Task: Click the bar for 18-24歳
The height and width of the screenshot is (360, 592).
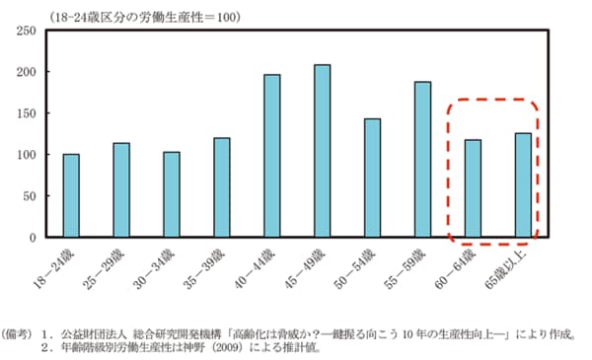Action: (x=71, y=195)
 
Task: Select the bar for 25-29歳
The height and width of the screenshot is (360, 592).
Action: (x=121, y=190)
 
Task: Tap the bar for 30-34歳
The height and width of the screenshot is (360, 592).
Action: (x=172, y=194)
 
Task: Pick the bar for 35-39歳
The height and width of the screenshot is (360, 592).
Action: (x=222, y=187)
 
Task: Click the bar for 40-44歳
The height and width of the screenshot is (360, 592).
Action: (x=272, y=156)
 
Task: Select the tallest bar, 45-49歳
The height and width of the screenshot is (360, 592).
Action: (x=323, y=151)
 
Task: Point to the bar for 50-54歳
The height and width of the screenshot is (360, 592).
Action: (x=373, y=178)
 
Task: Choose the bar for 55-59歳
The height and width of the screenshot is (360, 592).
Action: (x=422, y=160)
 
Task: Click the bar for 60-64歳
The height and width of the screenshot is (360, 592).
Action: (x=473, y=188)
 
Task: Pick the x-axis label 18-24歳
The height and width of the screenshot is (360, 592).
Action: (x=58, y=265)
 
